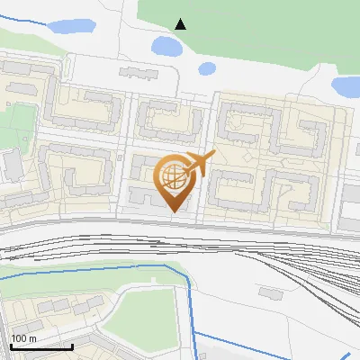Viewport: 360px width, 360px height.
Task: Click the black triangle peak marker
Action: pos(181,24)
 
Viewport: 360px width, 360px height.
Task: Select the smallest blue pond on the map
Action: pos(206,67)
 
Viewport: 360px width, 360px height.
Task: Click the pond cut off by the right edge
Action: pos(346,86)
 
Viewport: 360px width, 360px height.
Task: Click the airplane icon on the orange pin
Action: pos(199,165)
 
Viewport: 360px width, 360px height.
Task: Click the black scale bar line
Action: pos(40,346)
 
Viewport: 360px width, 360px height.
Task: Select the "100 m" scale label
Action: pos(24,338)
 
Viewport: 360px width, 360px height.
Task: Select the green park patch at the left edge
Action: pos(15,126)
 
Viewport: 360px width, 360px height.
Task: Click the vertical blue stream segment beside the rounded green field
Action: pos(192,306)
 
